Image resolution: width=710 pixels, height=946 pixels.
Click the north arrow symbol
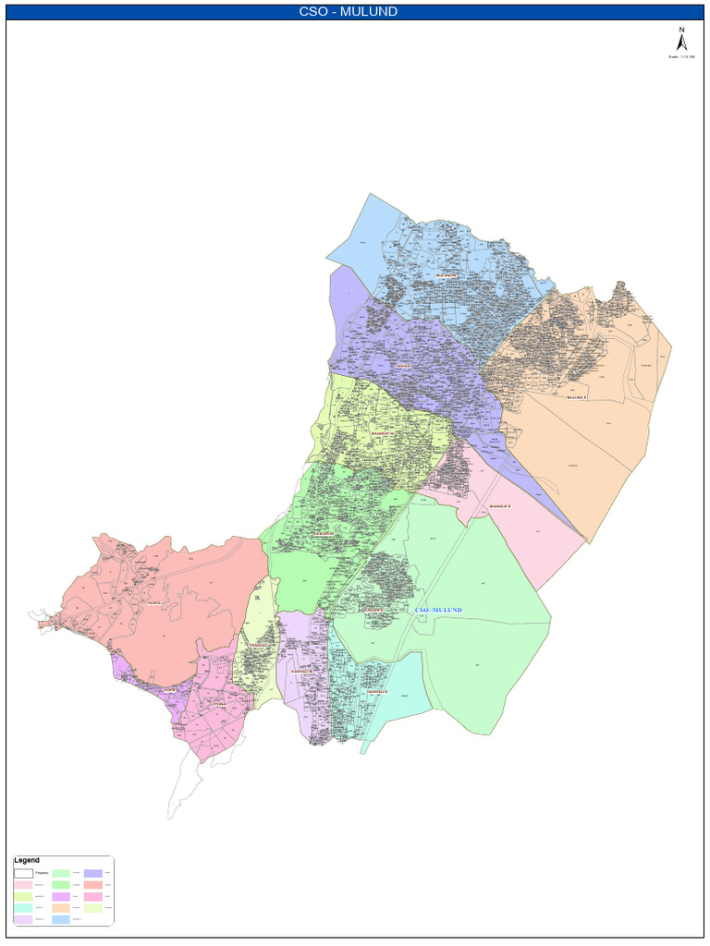tap(682, 41)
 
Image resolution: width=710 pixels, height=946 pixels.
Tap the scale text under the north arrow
tap(682, 57)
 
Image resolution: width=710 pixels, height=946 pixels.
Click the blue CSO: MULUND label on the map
tap(438, 610)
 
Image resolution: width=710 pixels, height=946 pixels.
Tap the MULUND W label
tap(447, 276)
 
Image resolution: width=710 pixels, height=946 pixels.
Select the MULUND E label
tap(576, 397)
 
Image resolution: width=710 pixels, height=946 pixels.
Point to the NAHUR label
tap(402, 367)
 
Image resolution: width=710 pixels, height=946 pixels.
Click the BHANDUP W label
tap(382, 433)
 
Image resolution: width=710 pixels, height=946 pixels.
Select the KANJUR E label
tap(373, 611)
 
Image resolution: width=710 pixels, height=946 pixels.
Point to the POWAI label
tap(219, 705)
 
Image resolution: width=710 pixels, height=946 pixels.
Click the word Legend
tap(27, 860)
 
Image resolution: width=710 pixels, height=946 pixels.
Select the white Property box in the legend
tap(23, 872)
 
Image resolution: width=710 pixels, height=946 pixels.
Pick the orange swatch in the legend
tap(62, 908)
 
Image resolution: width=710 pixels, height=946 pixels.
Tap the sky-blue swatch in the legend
tap(62, 919)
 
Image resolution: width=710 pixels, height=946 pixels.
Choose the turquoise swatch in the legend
tap(23, 908)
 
